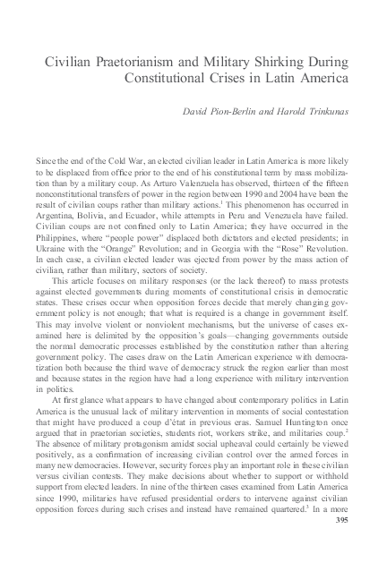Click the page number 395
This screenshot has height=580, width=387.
(344, 543)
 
